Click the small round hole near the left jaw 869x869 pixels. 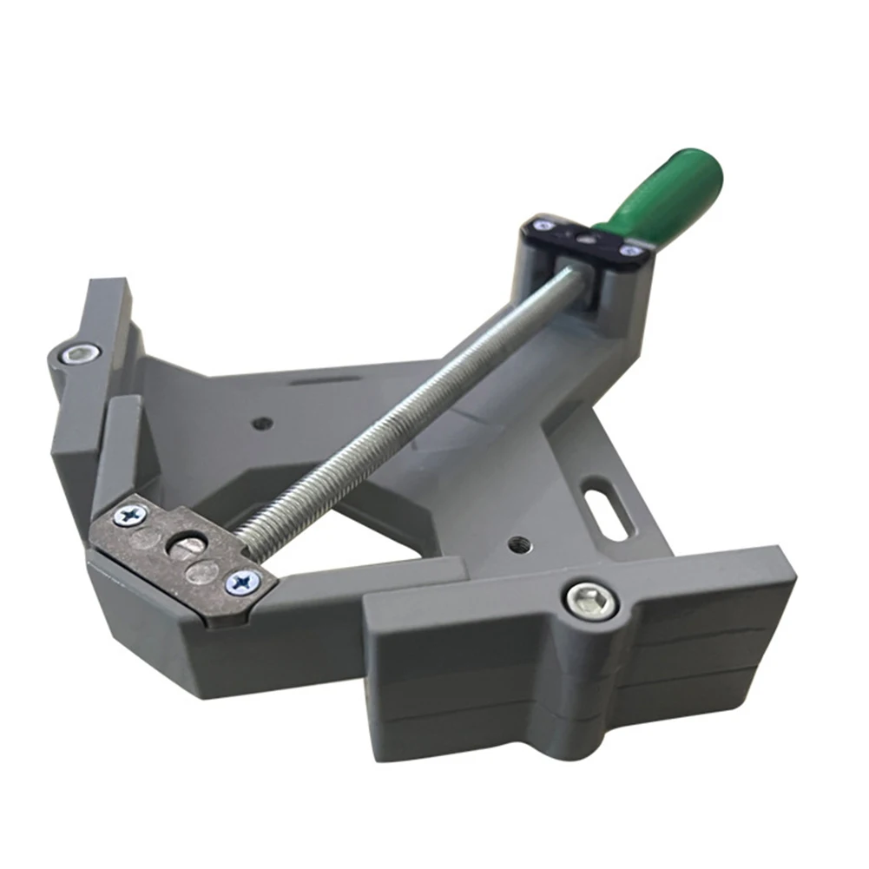click(x=263, y=424)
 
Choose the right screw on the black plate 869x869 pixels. click(x=631, y=251)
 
